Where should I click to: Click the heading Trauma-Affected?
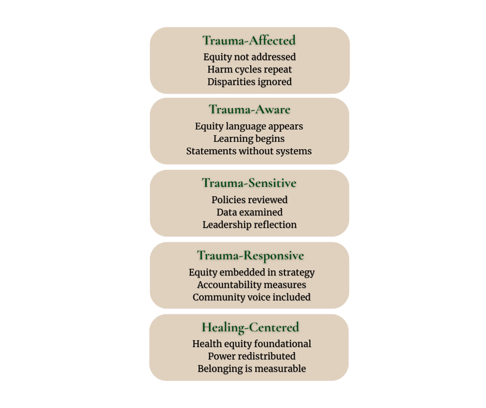[x=249, y=40]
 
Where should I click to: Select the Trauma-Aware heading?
[x=249, y=109]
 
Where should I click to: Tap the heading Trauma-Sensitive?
[x=249, y=183]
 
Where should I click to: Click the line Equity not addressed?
[x=249, y=56]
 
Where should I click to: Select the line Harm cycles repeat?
[x=249, y=69]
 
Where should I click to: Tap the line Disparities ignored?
[x=249, y=81]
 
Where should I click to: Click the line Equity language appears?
[x=249, y=126]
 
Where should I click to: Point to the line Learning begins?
[x=249, y=138]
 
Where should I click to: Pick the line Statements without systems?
[x=249, y=151]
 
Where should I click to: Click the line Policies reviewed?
[x=249, y=199]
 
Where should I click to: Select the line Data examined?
[x=249, y=212]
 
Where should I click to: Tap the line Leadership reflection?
[x=249, y=225]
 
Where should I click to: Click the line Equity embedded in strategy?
[x=251, y=272]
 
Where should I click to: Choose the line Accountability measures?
[x=251, y=284]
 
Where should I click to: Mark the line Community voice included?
[x=251, y=297]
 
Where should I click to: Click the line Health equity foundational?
[x=251, y=343]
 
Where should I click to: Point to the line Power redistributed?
[x=251, y=356]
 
